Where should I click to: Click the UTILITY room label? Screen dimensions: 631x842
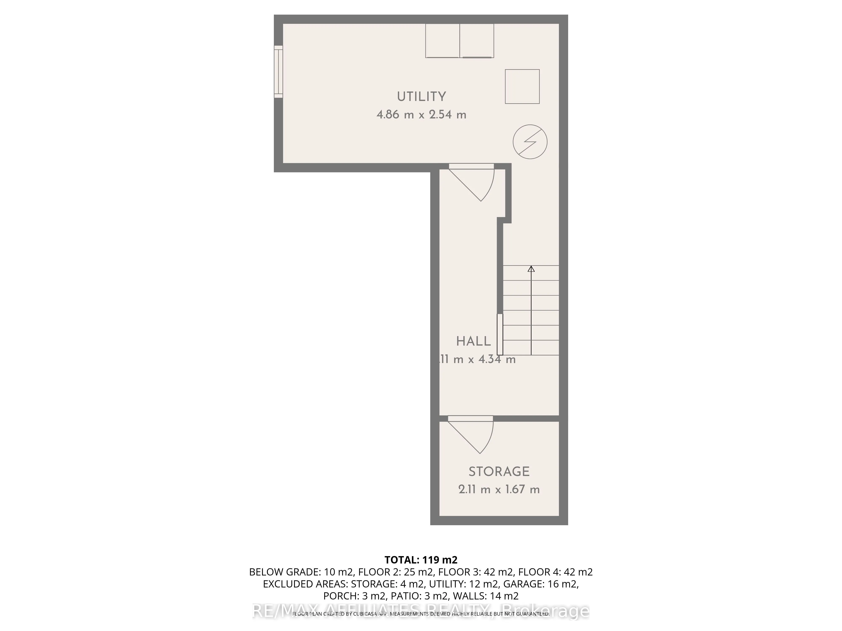421,97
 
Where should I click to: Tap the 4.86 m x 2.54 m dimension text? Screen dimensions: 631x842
421,114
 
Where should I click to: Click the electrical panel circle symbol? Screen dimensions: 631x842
530,142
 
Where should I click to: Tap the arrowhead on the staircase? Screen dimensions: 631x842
531,269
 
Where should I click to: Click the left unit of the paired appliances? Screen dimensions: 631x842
442,41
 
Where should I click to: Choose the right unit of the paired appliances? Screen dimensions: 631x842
477,41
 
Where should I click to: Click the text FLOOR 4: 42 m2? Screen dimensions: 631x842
555,572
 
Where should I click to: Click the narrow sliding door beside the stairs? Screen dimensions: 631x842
500,334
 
